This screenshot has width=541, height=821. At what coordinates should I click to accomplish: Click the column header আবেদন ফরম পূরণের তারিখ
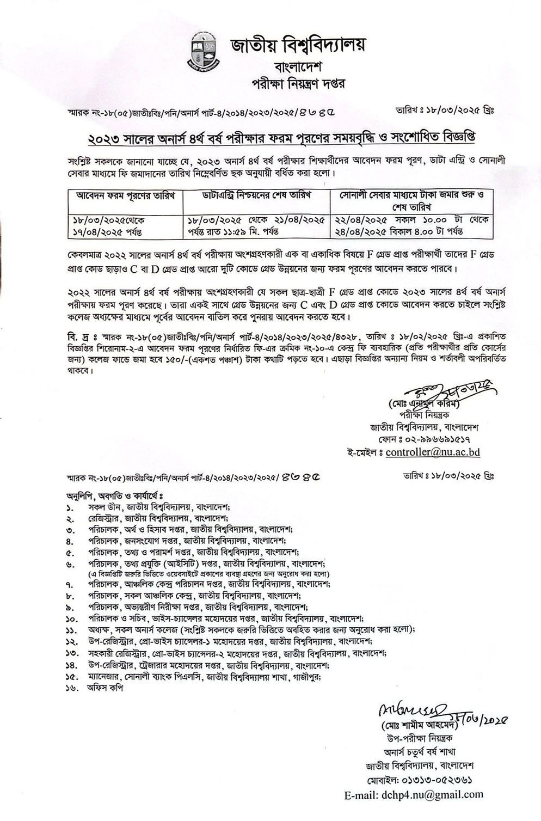(124, 195)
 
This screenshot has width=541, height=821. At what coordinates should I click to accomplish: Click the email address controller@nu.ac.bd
(433, 452)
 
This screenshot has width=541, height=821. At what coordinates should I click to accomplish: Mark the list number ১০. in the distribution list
(71, 619)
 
